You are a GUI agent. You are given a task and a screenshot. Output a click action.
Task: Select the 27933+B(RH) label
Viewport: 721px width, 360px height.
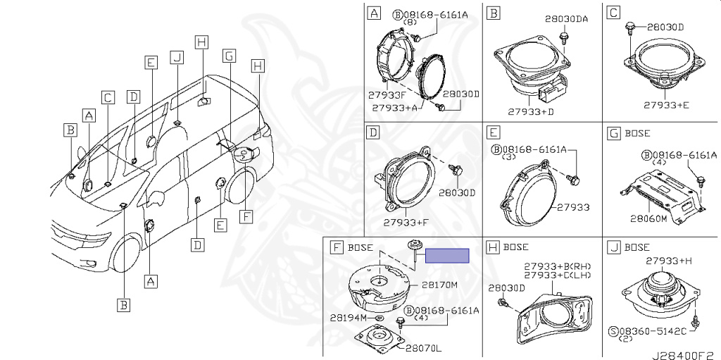[x=558, y=266]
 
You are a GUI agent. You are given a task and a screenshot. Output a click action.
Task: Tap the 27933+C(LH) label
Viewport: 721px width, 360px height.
[x=558, y=275]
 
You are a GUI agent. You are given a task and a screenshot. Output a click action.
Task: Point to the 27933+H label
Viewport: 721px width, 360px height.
[x=670, y=261]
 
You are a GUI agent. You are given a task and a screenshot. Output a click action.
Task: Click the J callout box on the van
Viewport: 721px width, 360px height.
[x=177, y=56]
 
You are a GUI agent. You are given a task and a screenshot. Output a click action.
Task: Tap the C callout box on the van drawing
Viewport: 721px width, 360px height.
[x=107, y=98]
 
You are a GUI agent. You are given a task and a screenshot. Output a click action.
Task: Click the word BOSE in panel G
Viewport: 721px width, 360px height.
[x=637, y=132]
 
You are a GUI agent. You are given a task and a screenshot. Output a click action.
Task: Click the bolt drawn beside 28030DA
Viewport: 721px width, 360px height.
[x=563, y=36]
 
